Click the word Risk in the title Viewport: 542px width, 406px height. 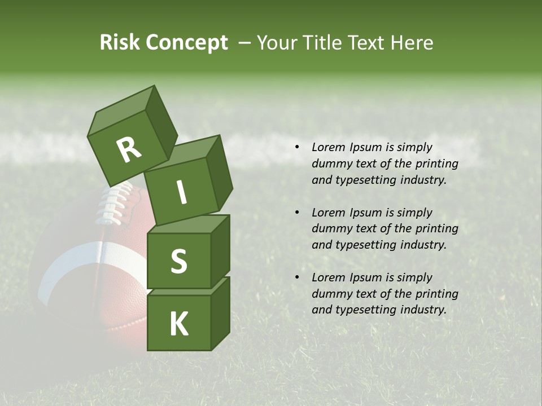click(120, 42)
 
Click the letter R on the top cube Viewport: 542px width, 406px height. click(128, 150)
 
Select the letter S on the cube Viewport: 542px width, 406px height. click(178, 261)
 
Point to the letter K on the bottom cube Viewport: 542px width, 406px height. click(178, 325)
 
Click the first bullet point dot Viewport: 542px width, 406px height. click(296, 148)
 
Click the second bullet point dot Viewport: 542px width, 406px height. click(296, 213)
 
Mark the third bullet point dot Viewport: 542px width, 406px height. click(296, 278)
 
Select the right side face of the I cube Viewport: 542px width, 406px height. click(220, 173)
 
